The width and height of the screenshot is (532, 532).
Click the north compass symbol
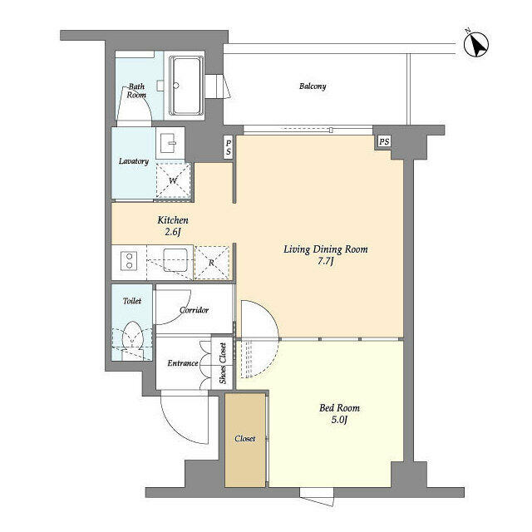point(475,44)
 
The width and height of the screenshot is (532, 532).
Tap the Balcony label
point(313,86)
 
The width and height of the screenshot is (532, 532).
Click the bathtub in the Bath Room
point(186,86)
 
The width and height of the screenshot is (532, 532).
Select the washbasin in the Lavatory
point(170,143)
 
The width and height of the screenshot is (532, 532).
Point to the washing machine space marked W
point(174,180)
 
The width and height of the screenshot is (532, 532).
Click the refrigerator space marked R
point(212,263)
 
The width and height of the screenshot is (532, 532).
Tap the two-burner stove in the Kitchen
point(129,261)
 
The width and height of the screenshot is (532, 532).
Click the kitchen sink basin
point(175,260)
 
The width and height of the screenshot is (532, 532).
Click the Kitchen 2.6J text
point(173,225)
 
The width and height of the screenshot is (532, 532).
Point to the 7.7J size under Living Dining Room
point(325,261)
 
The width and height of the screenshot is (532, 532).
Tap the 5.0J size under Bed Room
point(339,420)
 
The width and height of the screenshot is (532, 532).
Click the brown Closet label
point(244,439)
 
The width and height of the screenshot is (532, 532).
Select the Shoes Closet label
point(223,363)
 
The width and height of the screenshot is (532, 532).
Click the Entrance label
point(183,363)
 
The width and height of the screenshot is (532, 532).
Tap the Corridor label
point(194,310)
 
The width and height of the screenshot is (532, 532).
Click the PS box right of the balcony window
point(384,141)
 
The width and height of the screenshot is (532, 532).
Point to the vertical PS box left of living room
point(229,147)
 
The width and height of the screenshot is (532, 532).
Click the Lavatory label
point(134,161)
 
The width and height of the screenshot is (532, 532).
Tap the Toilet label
point(132,301)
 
